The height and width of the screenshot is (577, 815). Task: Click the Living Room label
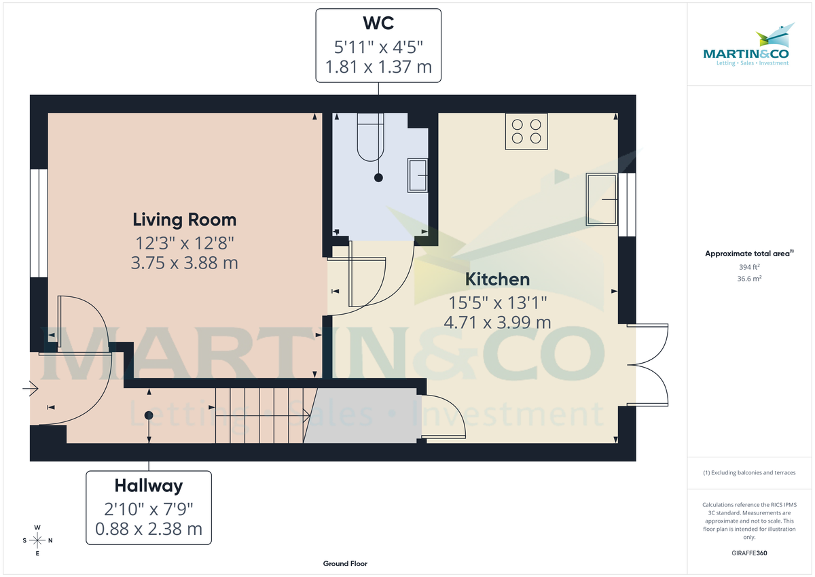[184, 220]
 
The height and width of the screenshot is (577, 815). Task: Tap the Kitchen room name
[497, 279]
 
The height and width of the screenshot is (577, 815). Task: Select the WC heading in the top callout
[378, 23]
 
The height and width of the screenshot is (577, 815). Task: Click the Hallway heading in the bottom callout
[148, 485]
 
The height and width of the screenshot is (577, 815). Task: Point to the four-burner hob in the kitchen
[526, 131]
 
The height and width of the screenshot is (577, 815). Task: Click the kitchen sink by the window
[602, 198]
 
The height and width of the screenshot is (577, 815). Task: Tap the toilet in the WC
[371, 138]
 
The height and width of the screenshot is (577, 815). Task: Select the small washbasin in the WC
[417, 176]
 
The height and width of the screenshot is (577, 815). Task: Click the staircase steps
[261, 415]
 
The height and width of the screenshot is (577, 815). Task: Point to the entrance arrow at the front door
[30, 389]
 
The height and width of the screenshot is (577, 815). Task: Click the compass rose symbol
[38, 540]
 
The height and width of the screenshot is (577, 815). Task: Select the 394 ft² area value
[749, 267]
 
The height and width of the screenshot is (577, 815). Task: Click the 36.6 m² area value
[749, 278]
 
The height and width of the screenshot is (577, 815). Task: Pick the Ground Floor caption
[345, 564]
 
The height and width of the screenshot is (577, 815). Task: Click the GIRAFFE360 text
[749, 553]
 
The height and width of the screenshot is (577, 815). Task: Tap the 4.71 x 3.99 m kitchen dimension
[497, 322]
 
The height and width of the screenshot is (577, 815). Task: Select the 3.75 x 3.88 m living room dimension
[184, 262]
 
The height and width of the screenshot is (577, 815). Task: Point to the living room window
[39, 223]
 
